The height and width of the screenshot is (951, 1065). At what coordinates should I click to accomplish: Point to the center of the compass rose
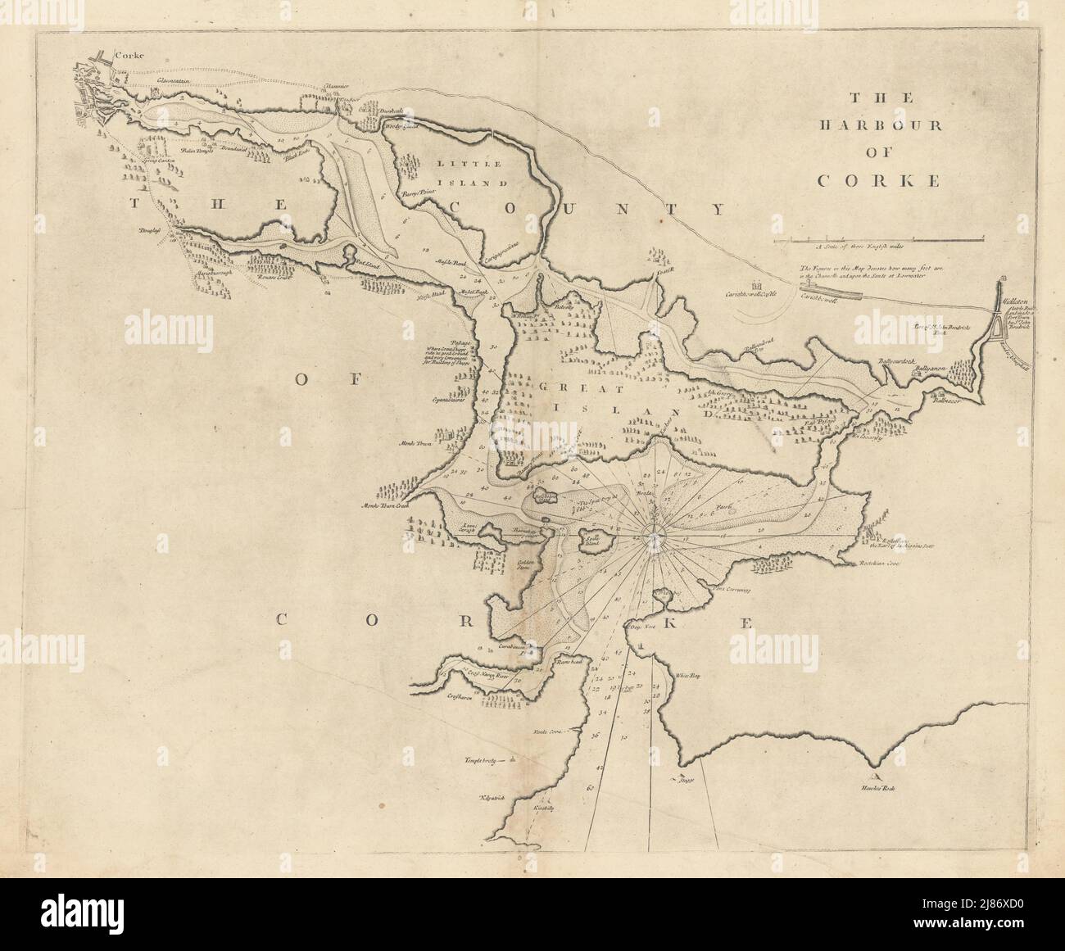click(653, 537)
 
